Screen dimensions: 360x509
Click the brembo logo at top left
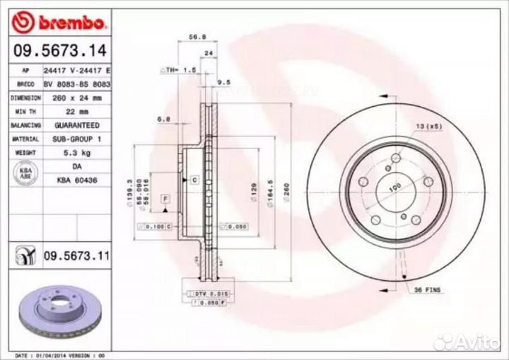click(x=60, y=23)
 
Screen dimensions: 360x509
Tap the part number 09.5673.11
click(x=76, y=255)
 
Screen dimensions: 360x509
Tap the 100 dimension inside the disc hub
click(x=394, y=185)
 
